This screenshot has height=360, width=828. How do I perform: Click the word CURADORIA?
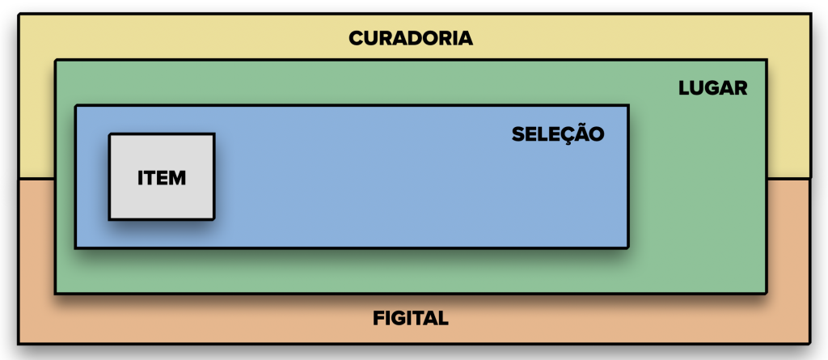click(411, 38)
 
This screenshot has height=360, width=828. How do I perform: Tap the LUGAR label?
click(713, 88)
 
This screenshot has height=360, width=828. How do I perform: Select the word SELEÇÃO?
click(558, 134)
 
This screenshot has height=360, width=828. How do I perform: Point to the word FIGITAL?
click(411, 318)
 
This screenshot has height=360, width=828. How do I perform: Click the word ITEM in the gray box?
click(162, 177)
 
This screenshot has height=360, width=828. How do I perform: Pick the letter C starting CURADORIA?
click(356, 38)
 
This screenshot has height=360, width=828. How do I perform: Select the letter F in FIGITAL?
click(378, 318)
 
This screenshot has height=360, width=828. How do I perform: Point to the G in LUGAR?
click(712, 88)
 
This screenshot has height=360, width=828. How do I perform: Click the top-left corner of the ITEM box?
click(110, 134)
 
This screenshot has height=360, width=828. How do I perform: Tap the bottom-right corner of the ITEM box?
click(214, 219)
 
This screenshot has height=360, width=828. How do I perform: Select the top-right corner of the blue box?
click(628, 106)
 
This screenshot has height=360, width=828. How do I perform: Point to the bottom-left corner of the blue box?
click(75, 247)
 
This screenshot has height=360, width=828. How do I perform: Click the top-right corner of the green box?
click(766, 60)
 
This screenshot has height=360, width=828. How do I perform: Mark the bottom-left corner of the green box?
click(56, 292)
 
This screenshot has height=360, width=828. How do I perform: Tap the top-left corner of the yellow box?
click(19, 14)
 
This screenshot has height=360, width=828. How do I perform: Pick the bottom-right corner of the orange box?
click(810, 343)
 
